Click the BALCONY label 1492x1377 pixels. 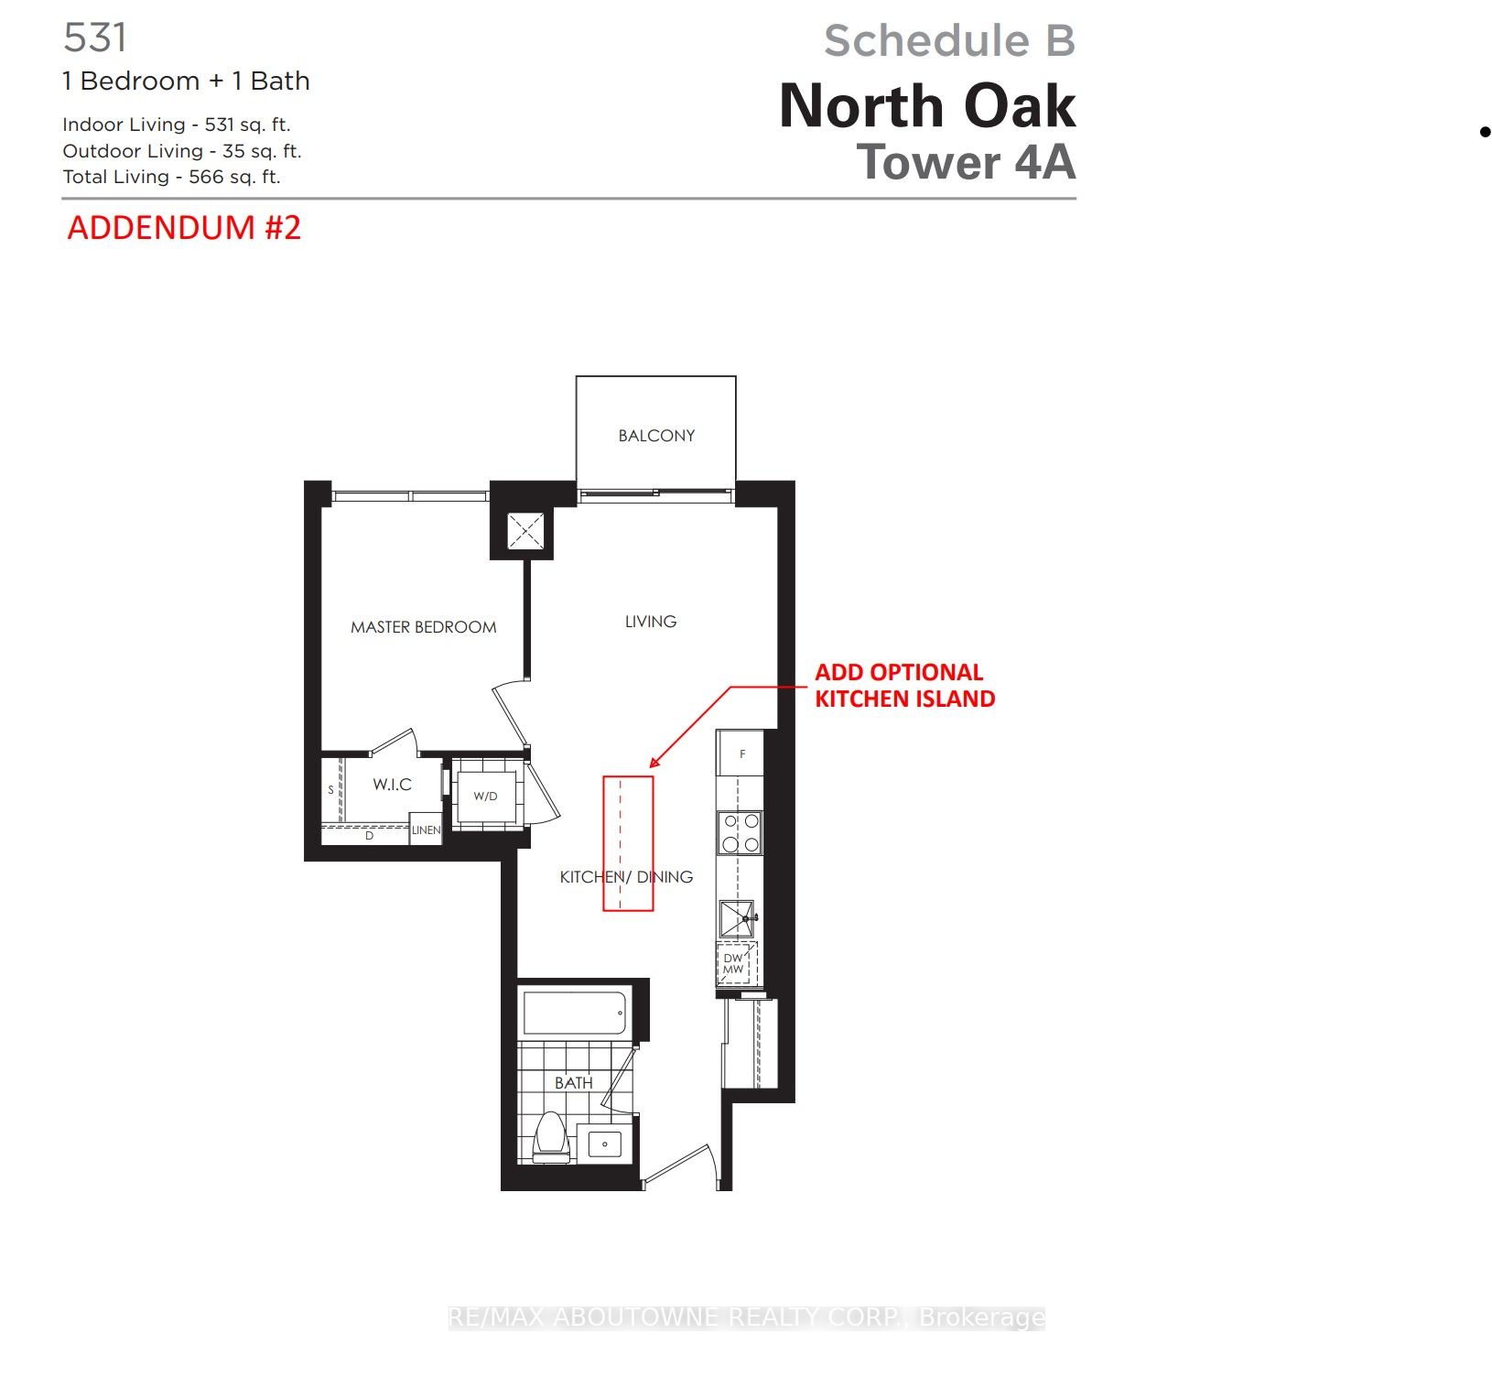coord(656,436)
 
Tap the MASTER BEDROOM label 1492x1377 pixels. coord(423,627)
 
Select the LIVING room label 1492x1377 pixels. coord(651,622)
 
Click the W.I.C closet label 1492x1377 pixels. coord(392,785)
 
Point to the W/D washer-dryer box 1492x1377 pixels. coord(486,797)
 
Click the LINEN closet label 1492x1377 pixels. coord(426,830)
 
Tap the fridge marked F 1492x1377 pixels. coord(741,754)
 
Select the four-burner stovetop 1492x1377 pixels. coord(741,833)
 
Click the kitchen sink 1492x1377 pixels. coord(737,918)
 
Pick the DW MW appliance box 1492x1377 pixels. coord(733,964)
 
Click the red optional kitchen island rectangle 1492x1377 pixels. coord(628,843)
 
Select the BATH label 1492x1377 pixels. coord(573,1083)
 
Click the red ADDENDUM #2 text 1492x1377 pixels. coord(184,228)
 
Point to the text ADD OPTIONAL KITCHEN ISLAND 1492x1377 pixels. coord(904,686)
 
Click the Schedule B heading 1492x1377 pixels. coord(949,41)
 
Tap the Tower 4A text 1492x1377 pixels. coord(966,163)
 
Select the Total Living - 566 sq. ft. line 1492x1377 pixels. coord(171,178)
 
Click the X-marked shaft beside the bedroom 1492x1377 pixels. coord(525,531)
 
